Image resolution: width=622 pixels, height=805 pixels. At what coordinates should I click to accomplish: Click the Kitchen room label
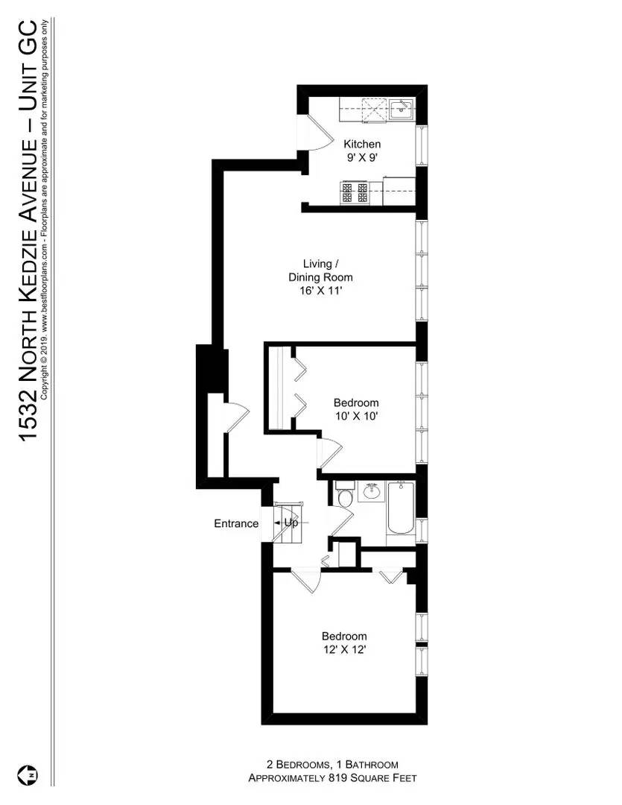(362, 144)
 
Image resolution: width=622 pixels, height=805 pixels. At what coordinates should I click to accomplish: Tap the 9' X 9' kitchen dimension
(362, 157)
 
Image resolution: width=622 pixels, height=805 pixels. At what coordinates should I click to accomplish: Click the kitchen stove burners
(355, 193)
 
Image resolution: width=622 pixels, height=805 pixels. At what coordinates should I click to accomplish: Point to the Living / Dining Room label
(322, 271)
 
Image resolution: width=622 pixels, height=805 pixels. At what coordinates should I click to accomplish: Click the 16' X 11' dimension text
(322, 291)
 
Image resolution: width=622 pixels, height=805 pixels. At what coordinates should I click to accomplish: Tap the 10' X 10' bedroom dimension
(356, 417)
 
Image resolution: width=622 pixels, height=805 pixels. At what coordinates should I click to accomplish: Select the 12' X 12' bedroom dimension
(344, 650)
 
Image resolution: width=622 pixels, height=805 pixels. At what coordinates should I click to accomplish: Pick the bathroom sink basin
(371, 492)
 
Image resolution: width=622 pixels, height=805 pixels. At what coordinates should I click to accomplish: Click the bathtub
(399, 509)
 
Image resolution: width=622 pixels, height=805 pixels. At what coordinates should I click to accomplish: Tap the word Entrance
(236, 523)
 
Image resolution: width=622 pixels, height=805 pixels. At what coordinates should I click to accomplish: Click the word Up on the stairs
(291, 523)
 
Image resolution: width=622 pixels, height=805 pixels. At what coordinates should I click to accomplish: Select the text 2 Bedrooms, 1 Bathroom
(332, 765)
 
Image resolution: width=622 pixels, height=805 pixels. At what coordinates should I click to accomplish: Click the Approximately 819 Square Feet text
(332, 778)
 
